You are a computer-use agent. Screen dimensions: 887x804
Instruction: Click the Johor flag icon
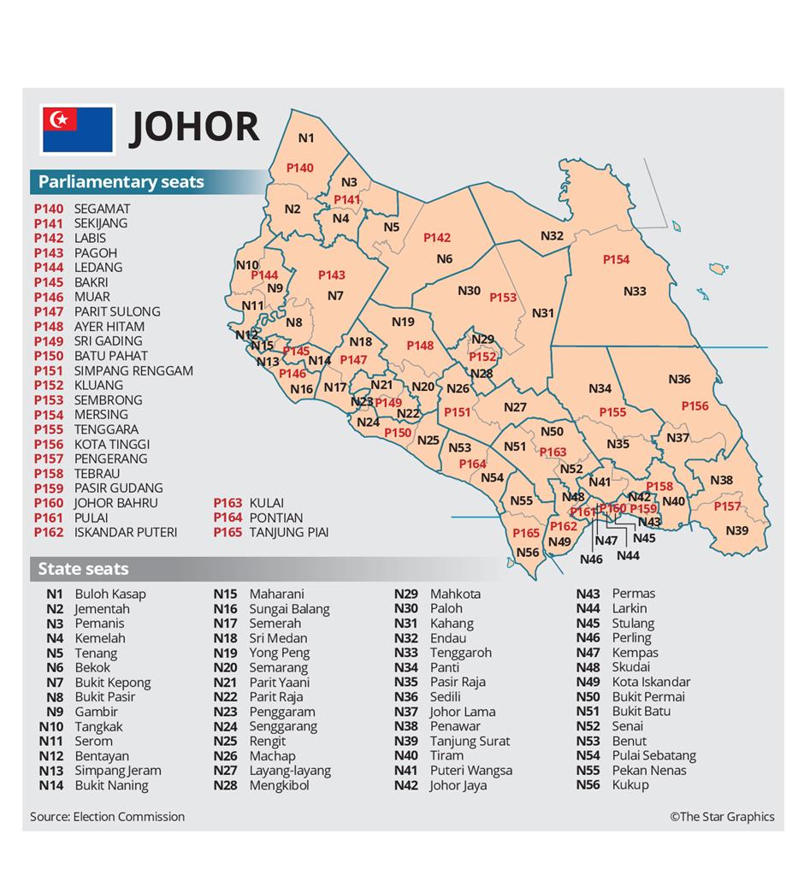(x=78, y=128)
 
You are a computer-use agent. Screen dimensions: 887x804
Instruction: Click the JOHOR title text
(x=195, y=127)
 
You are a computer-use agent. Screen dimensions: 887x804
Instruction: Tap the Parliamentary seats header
(x=121, y=181)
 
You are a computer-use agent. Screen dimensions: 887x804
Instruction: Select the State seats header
(x=83, y=569)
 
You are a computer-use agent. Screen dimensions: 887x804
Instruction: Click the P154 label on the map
(x=616, y=259)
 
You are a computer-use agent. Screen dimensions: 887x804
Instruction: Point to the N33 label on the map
(x=635, y=292)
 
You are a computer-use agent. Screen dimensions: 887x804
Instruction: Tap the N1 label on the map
(x=306, y=138)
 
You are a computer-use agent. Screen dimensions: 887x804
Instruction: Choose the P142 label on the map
(x=436, y=238)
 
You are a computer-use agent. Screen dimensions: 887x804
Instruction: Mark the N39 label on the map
(x=736, y=530)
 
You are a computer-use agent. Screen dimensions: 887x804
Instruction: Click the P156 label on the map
(x=695, y=406)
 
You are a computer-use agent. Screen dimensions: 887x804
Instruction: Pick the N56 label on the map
(x=528, y=553)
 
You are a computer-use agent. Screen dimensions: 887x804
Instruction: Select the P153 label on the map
(x=503, y=298)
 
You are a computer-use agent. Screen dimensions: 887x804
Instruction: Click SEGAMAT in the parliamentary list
(x=102, y=209)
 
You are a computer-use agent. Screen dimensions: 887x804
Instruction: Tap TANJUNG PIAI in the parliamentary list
(x=288, y=532)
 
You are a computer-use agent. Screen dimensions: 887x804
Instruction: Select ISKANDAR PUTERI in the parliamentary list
(x=126, y=532)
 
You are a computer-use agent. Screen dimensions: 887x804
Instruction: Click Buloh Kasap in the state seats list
(x=110, y=594)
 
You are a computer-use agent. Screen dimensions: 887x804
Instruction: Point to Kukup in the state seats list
(x=630, y=785)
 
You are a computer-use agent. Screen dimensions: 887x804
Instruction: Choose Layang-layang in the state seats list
(x=289, y=771)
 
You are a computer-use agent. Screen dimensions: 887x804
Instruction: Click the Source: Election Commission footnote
(x=107, y=817)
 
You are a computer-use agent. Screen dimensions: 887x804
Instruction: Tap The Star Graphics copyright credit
(x=722, y=817)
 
